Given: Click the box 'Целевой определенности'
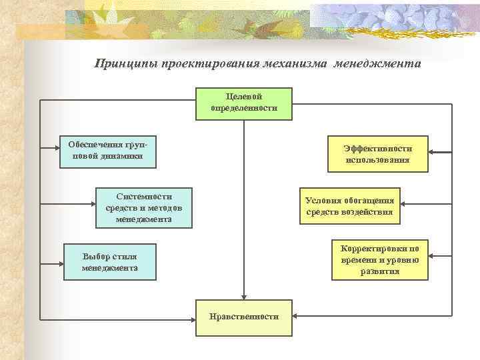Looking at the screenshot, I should [x=243, y=103].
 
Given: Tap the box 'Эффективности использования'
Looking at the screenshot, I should [x=377, y=154].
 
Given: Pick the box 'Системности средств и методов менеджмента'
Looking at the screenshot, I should [x=143, y=207].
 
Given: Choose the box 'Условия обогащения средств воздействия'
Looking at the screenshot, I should [x=349, y=206].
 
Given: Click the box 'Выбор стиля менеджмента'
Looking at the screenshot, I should [x=110, y=262].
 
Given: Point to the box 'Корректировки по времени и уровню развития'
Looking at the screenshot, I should [x=380, y=257].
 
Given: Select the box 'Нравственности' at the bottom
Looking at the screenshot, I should [x=243, y=317].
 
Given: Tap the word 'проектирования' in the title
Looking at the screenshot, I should [x=200, y=65].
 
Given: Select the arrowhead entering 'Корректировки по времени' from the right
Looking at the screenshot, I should [x=432, y=256].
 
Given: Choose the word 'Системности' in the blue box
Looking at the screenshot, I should [x=143, y=197].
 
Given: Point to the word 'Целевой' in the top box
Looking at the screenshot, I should [x=243, y=97].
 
